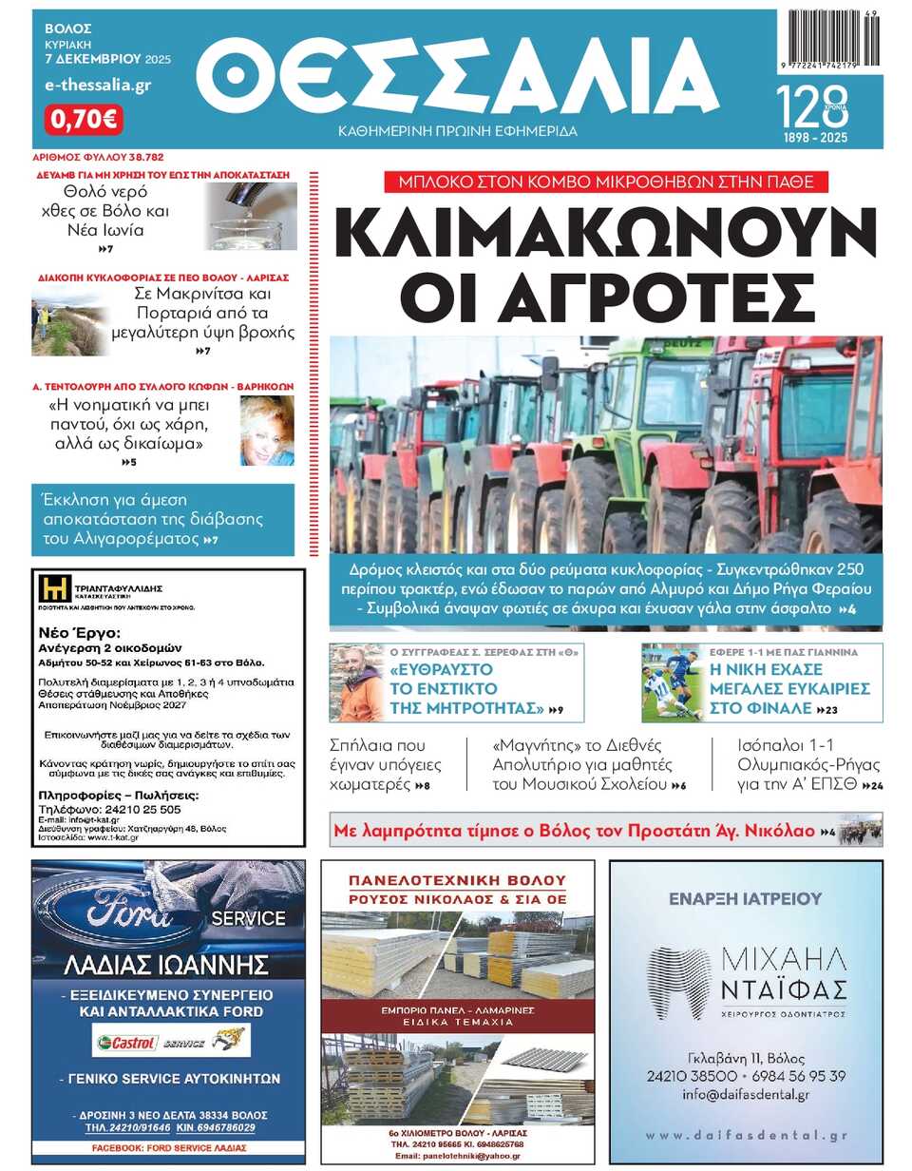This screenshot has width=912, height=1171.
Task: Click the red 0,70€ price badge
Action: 84,120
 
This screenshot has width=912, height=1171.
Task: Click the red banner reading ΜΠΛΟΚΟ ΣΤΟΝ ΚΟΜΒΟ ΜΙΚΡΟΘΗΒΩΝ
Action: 605,182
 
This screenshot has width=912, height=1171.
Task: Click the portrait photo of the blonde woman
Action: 267,430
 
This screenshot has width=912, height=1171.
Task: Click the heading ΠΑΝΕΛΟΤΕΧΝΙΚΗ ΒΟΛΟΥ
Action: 458,879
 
